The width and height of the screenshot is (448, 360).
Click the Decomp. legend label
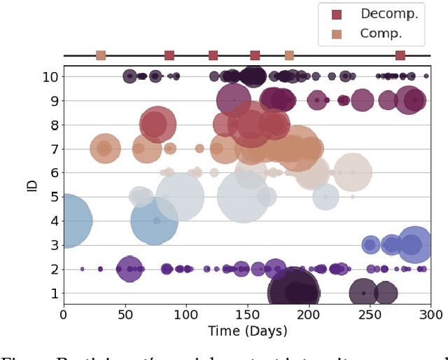click(x=389, y=14)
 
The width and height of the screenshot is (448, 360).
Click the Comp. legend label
click(x=381, y=34)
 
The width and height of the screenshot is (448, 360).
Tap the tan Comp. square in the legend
click(x=337, y=34)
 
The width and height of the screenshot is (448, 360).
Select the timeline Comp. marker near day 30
click(x=101, y=55)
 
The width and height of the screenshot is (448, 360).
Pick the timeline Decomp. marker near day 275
click(x=400, y=55)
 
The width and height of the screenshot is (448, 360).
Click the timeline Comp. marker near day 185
click(x=289, y=55)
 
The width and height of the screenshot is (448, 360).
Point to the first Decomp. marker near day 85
click(x=169, y=55)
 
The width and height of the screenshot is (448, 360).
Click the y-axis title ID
click(x=32, y=185)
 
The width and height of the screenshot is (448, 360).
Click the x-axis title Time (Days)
click(x=248, y=331)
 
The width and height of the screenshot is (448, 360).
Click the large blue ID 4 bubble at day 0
click(x=66, y=221)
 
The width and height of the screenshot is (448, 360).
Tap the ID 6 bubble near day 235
click(x=352, y=172)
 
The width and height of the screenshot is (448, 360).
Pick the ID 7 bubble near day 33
click(x=105, y=148)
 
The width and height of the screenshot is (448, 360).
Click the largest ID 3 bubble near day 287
click(x=414, y=244)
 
